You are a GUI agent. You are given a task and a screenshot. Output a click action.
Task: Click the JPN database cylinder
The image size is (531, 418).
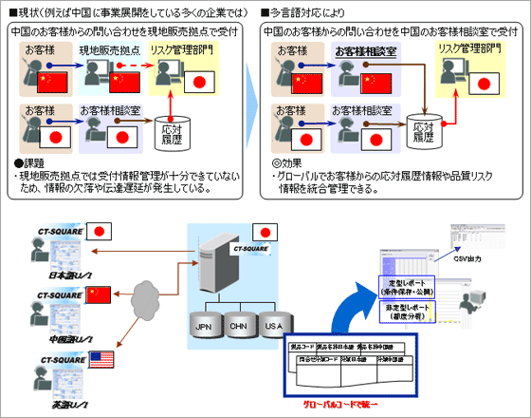coord(201,326)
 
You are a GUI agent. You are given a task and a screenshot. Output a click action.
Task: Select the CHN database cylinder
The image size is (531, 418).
coord(238,326)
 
